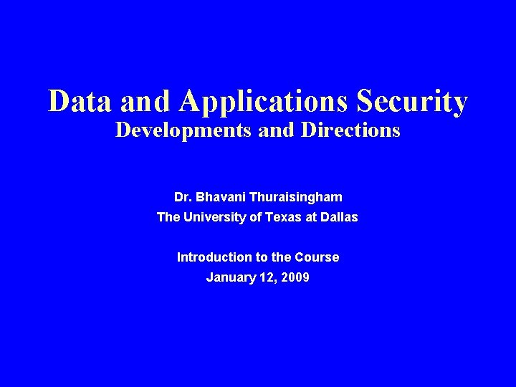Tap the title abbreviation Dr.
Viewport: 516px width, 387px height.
[182, 196]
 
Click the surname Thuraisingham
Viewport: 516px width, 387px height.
[295, 196]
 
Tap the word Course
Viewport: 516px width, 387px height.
[318, 257]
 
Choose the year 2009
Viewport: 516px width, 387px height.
[296, 277]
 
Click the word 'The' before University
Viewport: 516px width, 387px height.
[169, 217]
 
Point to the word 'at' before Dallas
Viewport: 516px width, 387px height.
[314, 217]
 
